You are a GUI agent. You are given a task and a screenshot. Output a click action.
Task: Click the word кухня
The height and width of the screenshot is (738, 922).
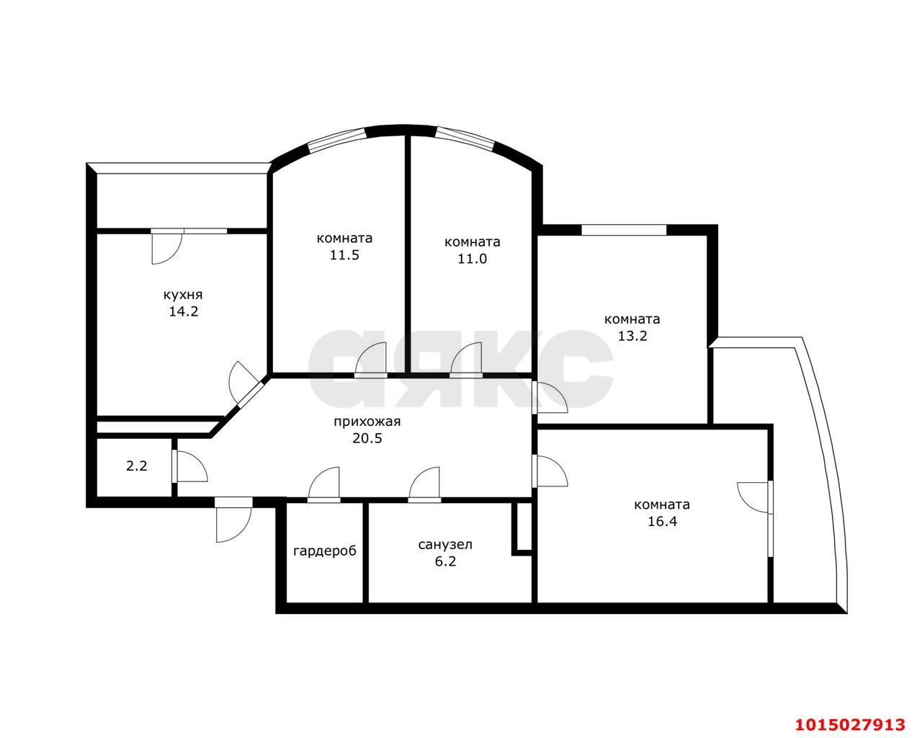pyautogui.click(x=183, y=295)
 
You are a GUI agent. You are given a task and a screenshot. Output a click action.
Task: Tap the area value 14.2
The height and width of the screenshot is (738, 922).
pyautogui.click(x=184, y=312)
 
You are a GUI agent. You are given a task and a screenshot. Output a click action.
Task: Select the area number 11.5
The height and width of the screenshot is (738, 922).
pyautogui.click(x=344, y=255)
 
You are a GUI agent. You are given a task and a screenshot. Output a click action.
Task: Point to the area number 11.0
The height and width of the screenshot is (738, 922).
pyautogui.click(x=472, y=259)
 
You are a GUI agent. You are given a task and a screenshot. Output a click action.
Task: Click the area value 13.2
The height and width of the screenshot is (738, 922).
pyautogui.click(x=632, y=336)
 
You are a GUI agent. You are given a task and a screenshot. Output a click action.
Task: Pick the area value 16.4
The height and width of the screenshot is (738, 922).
pyautogui.click(x=662, y=522)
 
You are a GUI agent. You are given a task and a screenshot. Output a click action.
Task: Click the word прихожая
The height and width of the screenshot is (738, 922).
pyautogui.click(x=367, y=422)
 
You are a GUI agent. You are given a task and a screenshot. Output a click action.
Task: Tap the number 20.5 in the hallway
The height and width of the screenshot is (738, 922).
pyautogui.click(x=367, y=438)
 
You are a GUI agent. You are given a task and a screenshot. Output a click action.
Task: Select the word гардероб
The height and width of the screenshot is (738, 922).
pyautogui.click(x=325, y=551)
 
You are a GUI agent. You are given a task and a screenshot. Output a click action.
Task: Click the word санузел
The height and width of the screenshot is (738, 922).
pyautogui.click(x=445, y=545)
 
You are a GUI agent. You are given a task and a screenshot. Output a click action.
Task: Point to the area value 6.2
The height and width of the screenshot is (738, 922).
pyautogui.click(x=446, y=561)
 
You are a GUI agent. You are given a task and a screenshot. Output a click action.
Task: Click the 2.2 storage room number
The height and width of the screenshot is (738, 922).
pyautogui.click(x=137, y=466)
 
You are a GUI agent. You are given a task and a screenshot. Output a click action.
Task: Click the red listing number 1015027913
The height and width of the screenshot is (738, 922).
pyautogui.click(x=850, y=713)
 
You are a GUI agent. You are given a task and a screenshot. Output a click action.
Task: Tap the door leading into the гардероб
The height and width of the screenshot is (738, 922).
pyautogui.click(x=324, y=484)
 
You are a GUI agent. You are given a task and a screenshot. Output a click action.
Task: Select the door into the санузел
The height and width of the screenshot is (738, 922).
pyautogui.click(x=424, y=484)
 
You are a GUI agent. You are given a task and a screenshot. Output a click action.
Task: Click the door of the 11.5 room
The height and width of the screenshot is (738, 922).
pyautogui.click(x=371, y=360)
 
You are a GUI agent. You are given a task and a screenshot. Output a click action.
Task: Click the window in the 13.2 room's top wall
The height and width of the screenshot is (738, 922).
pyautogui.click(x=624, y=230)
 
